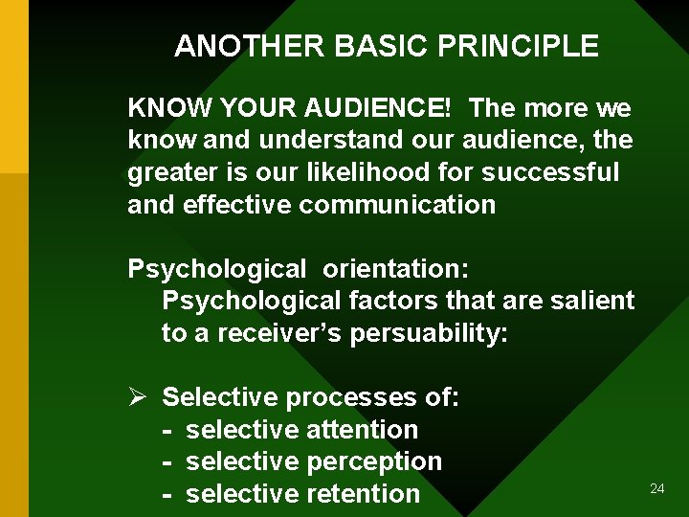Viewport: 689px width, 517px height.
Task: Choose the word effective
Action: tap(237, 204)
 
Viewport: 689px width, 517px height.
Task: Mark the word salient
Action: tap(593, 301)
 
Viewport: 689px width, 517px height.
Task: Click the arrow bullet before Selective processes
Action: tap(136, 396)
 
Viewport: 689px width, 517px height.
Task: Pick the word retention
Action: tap(364, 494)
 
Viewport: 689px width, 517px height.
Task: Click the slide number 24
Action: tap(656, 489)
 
